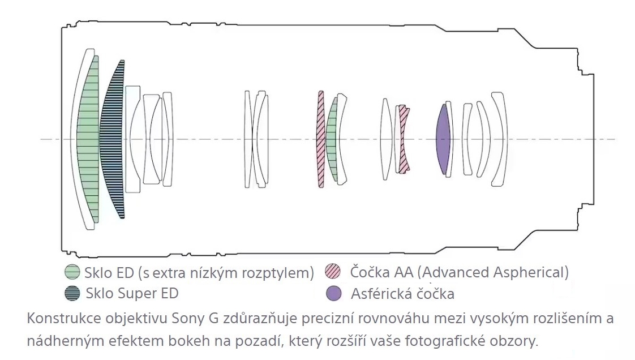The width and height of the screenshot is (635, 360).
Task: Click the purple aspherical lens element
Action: (444, 139)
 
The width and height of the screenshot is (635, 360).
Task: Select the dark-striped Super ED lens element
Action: (111, 139)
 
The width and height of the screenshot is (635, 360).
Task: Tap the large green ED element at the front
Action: (88, 139)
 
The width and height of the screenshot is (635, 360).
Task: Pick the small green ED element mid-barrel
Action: (333, 139)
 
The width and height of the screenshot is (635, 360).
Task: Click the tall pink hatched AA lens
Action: (320, 139)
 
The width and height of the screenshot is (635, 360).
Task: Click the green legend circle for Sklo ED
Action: (72, 272)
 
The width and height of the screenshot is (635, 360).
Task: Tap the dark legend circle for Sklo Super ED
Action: (72, 293)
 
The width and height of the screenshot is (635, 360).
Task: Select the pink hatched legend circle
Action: (333, 272)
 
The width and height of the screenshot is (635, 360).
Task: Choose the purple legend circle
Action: (333, 294)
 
